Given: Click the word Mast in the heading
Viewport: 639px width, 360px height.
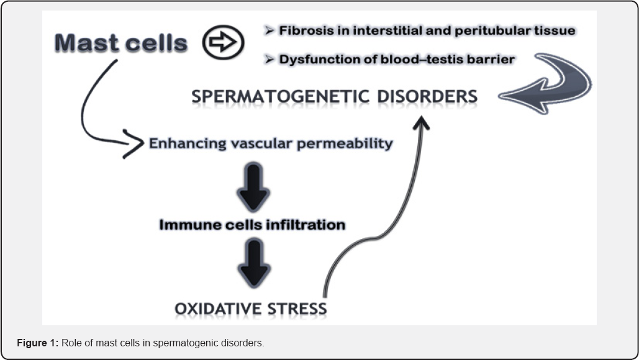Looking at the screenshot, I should click(x=86, y=43).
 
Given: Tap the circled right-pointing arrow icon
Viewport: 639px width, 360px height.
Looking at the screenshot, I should click(x=223, y=42).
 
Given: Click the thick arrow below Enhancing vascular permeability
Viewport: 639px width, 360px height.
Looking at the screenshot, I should click(x=253, y=186).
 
